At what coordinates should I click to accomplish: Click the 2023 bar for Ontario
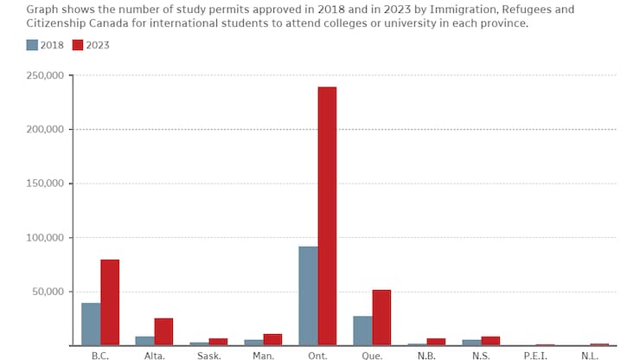(327, 216)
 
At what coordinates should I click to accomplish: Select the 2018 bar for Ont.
(308, 296)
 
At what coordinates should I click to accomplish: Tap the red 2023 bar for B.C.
(110, 302)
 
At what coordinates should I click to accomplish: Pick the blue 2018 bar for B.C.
(91, 324)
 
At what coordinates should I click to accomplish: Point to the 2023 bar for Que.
(381, 318)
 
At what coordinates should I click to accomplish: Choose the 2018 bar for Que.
(362, 331)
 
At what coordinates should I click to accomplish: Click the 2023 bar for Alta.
(163, 331)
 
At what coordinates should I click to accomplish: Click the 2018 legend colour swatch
(32, 44)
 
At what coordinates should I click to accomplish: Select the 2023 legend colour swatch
(78, 44)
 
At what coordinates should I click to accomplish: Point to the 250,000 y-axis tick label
(46, 75)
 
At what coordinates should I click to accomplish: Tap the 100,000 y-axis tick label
(46, 237)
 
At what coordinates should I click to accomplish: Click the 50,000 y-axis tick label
(48, 292)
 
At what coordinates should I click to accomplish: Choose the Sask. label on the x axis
(208, 355)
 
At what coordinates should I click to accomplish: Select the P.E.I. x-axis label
(536, 355)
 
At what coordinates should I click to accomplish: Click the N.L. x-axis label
(590, 355)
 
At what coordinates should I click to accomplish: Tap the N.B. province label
(426, 355)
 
